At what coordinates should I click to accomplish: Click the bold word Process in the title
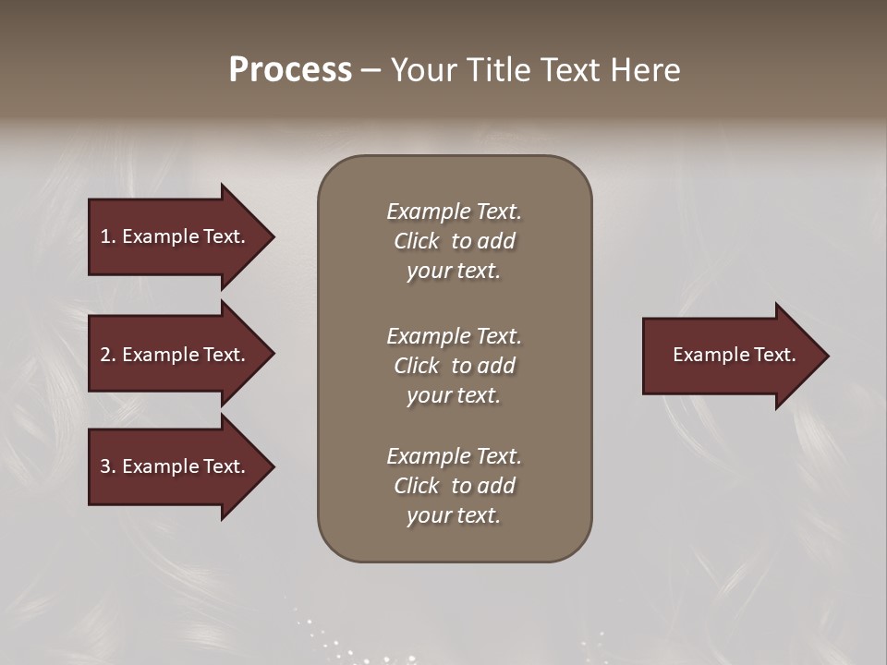tap(290, 70)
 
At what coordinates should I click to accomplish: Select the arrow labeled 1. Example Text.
tap(176, 236)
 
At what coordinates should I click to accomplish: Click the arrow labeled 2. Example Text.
tap(176, 355)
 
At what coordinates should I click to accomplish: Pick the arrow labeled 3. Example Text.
tap(176, 466)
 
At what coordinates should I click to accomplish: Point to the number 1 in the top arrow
tap(105, 236)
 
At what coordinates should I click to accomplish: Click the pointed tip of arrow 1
tap(272, 236)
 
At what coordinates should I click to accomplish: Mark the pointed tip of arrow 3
tap(272, 466)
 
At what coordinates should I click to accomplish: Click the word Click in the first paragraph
tap(417, 241)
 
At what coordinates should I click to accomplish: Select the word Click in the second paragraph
tap(417, 366)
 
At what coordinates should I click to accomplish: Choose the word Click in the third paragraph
tap(417, 486)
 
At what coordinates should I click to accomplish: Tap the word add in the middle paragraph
tap(497, 366)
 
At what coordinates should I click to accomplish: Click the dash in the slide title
tap(371, 70)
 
